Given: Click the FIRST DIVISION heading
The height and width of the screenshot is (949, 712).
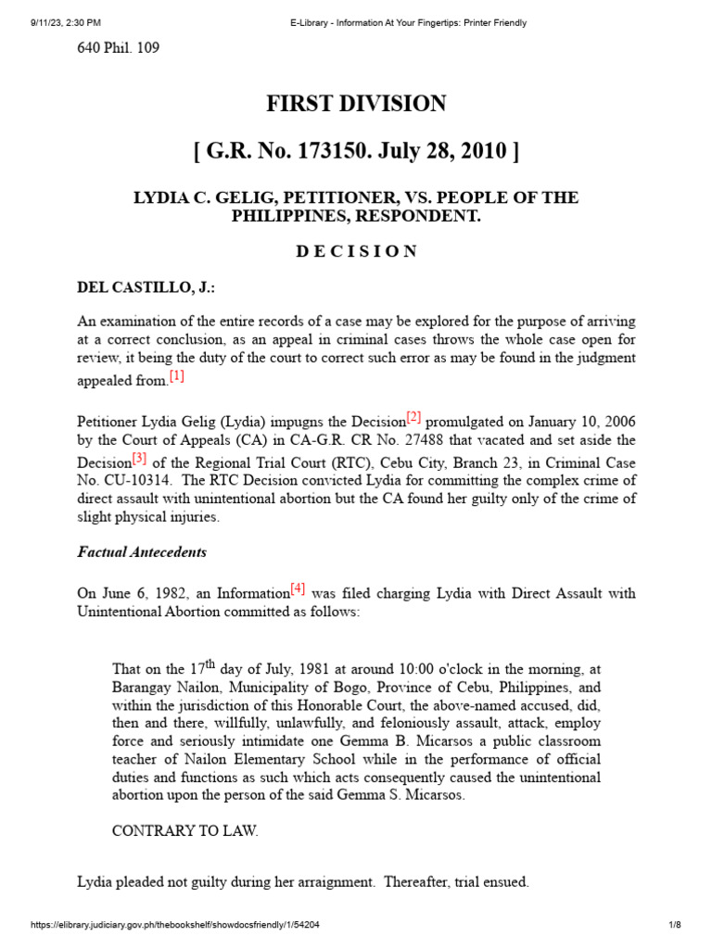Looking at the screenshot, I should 356,104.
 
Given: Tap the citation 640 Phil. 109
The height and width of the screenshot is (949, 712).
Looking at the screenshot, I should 118,47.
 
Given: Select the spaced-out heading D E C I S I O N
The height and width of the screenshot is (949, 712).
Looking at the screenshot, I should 356,251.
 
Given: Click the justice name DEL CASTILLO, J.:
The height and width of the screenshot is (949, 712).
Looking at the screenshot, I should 146,288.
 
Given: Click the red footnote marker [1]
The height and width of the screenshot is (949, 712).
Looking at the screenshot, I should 177,375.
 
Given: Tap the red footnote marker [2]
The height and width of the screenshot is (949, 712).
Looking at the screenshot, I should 413,416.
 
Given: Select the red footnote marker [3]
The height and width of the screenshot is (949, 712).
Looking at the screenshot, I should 139,457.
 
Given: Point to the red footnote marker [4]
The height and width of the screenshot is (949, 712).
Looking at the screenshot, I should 298,588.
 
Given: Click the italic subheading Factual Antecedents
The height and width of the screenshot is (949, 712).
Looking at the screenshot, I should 142,551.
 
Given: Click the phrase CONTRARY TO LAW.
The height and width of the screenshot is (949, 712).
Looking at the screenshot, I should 185,831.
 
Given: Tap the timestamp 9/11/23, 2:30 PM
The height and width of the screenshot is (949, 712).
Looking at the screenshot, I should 58,22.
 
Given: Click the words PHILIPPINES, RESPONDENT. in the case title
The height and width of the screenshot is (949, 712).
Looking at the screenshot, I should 356,216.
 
